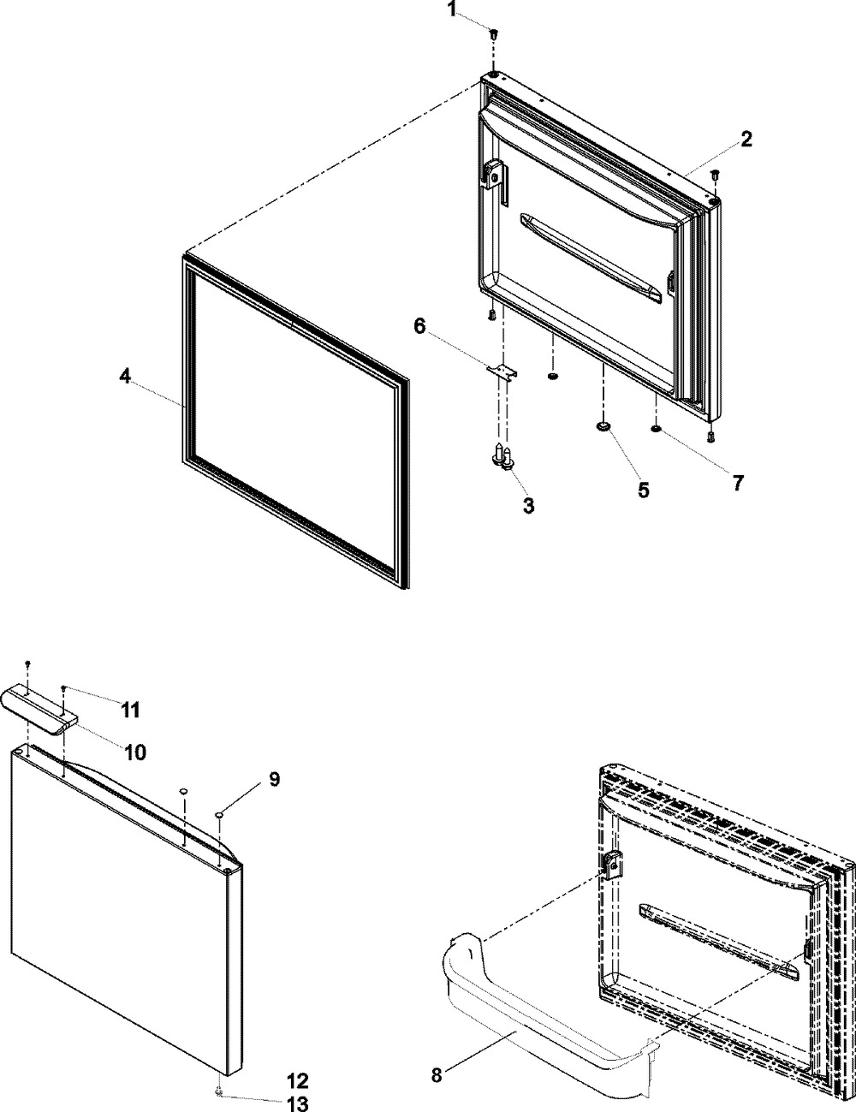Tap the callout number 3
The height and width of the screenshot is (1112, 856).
528,506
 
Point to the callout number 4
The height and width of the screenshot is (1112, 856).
125,377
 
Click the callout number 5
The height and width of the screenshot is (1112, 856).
642,491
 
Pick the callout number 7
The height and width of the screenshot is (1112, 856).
737,482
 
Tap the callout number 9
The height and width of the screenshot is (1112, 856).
274,779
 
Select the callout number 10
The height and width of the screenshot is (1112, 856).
134,752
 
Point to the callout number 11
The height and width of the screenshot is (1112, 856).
130,710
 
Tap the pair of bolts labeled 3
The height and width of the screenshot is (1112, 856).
503,459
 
